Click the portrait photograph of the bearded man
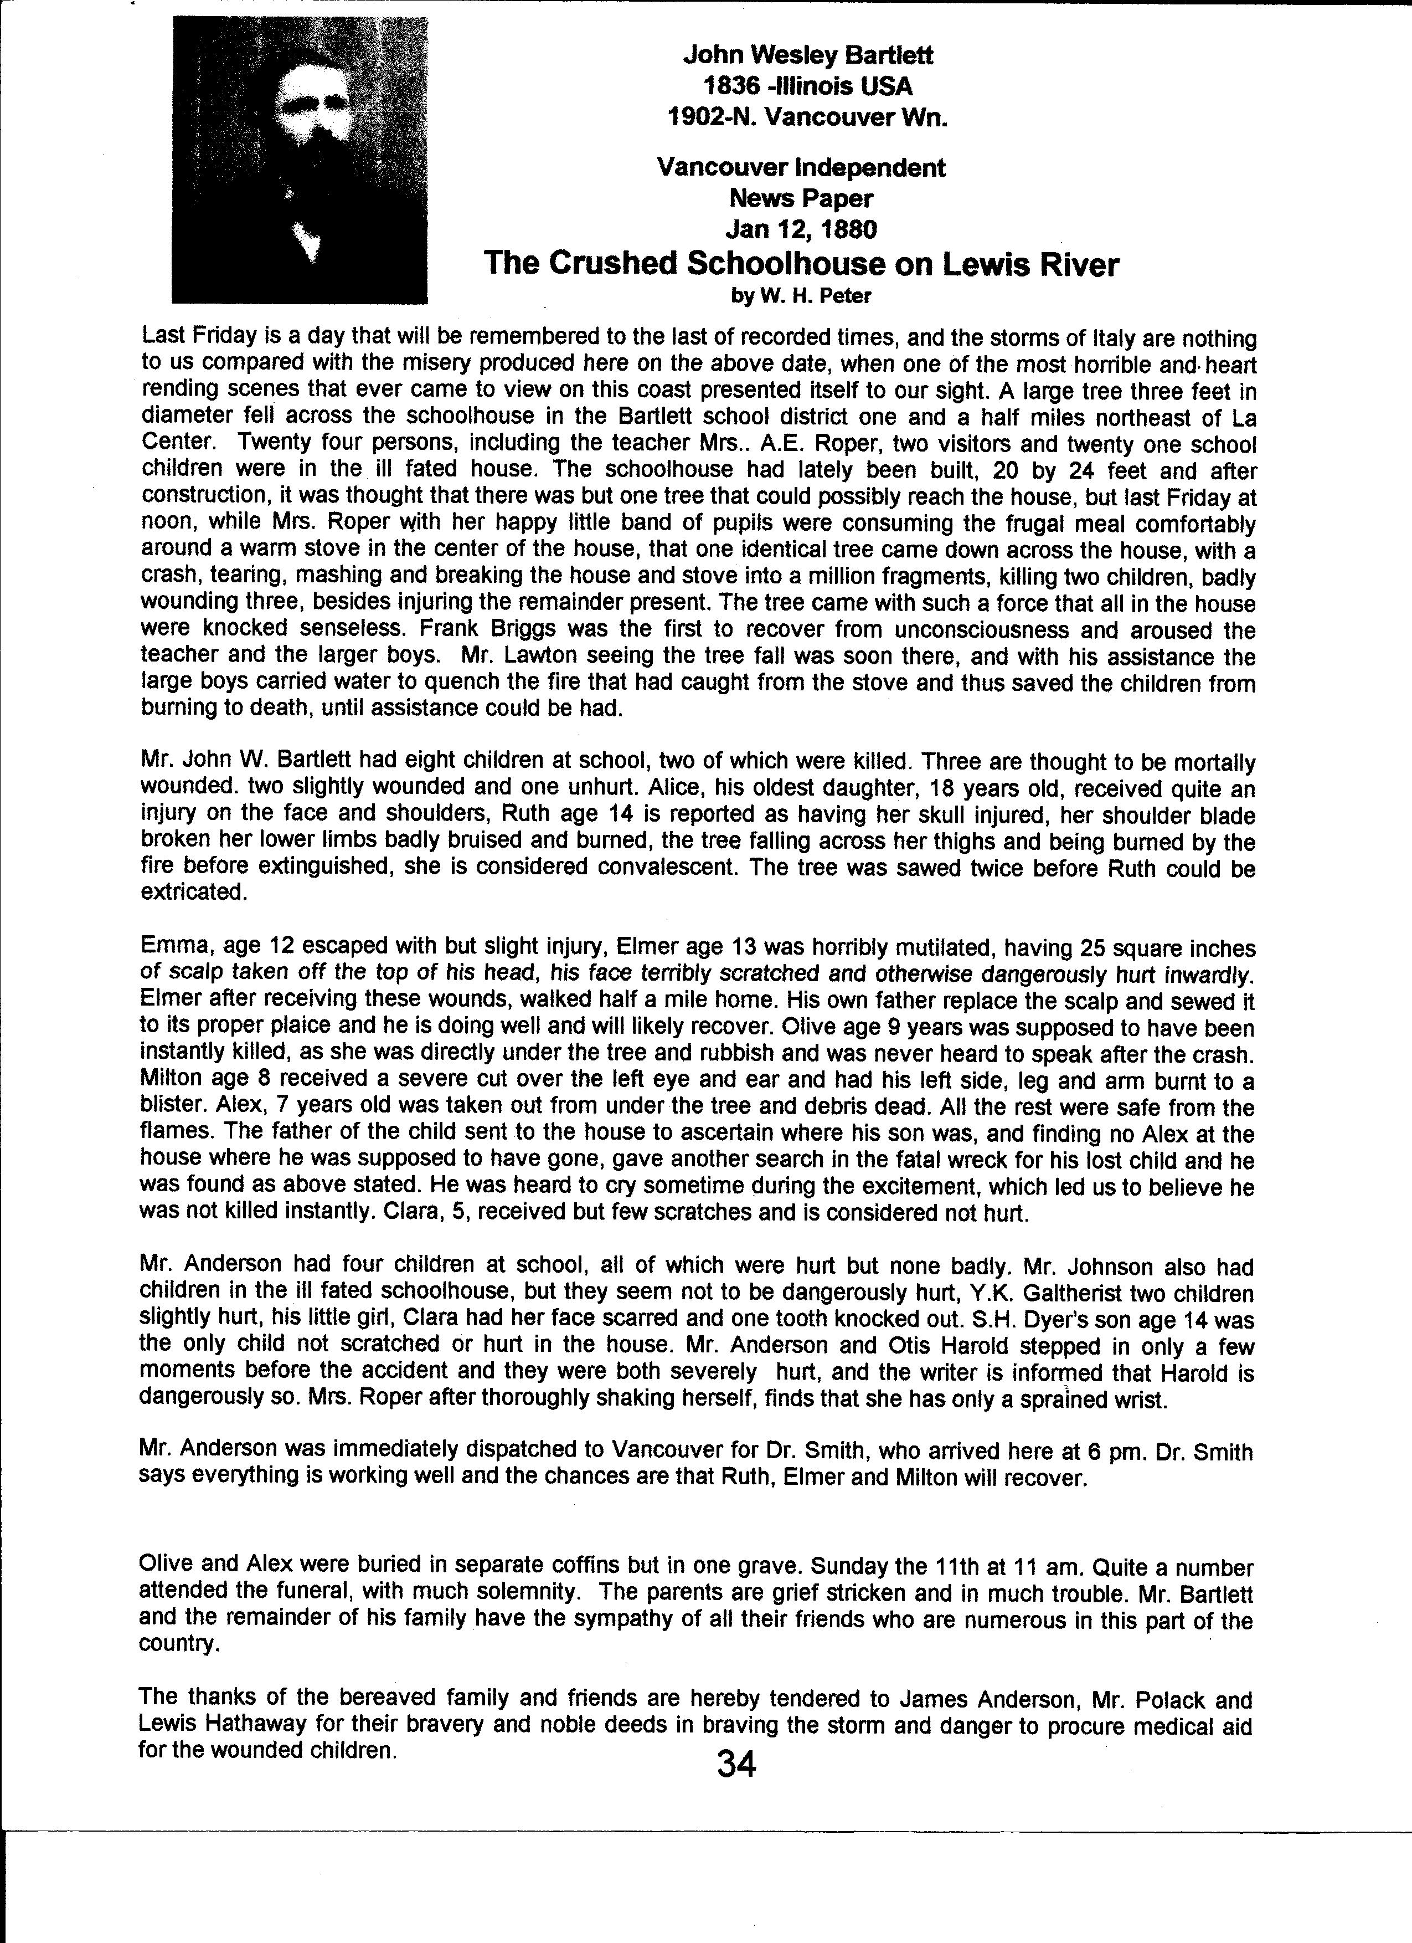click(300, 160)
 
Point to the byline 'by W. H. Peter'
click(801, 296)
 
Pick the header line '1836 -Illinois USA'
click(807, 86)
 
